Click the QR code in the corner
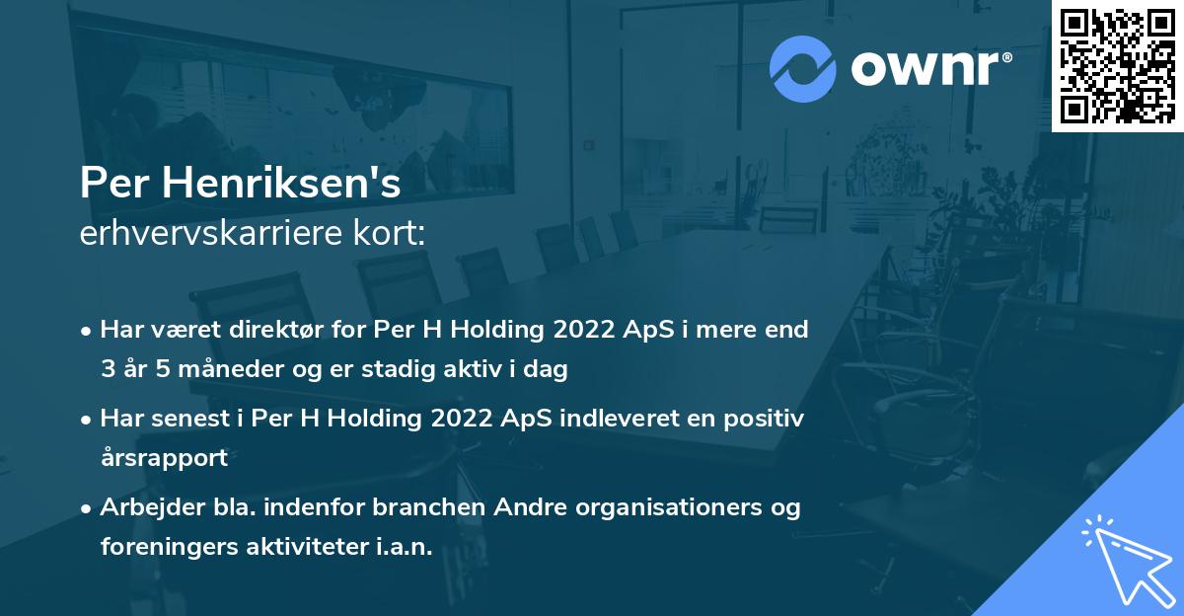(x=1117, y=65)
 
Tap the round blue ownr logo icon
(x=803, y=68)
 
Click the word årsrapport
(x=164, y=458)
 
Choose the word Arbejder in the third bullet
(x=147, y=507)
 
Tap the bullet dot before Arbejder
(x=88, y=508)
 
